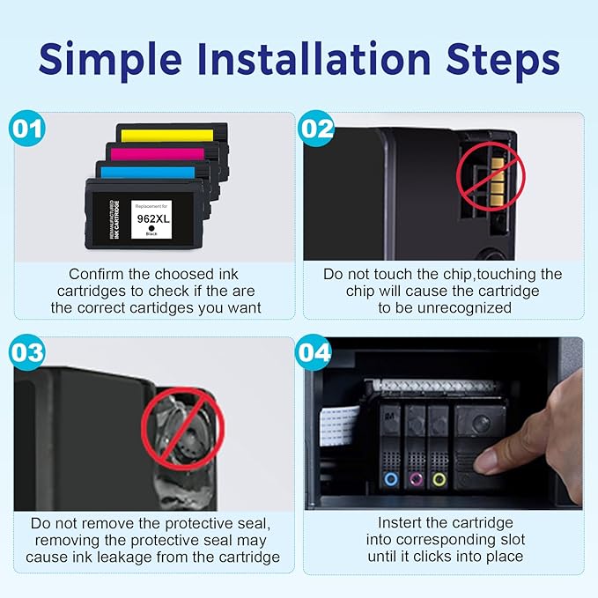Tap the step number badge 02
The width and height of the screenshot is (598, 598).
[x=316, y=129]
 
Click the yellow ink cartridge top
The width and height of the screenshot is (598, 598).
[x=168, y=135]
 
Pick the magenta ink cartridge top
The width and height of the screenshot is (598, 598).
[x=157, y=153]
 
